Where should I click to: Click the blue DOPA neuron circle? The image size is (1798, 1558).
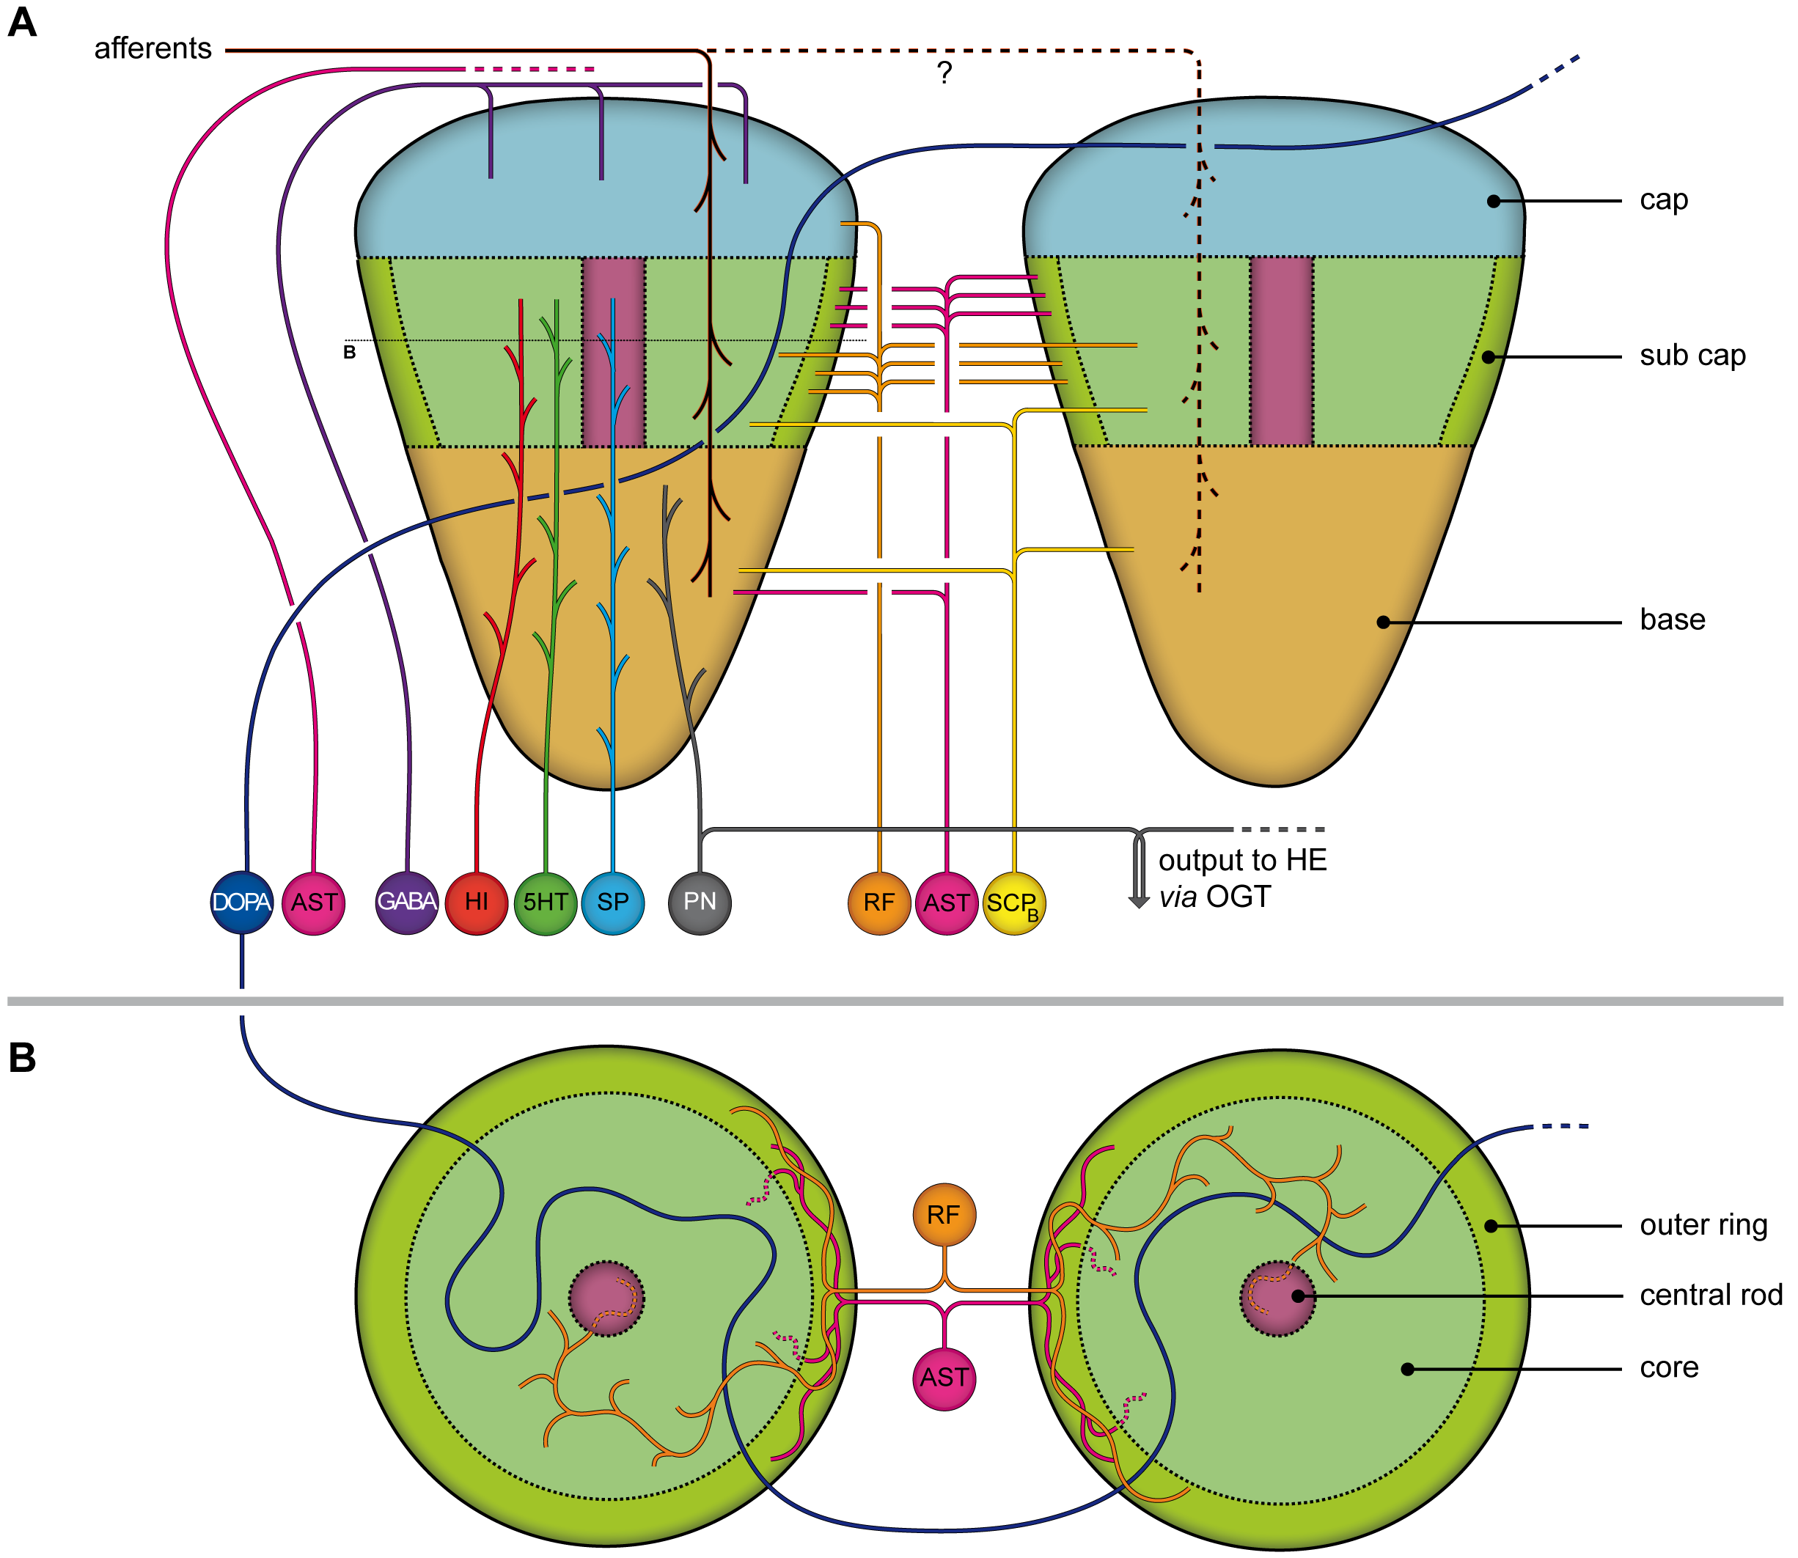click(242, 903)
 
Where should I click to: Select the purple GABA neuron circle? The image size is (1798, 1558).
click(407, 903)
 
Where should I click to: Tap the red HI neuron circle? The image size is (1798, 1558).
click(477, 903)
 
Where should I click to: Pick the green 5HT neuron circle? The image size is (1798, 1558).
click(545, 903)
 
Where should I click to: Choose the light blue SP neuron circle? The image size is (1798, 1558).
click(613, 903)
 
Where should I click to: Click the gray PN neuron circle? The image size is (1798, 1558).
click(700, 903)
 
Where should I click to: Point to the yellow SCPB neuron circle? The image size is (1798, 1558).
click(1014, 903)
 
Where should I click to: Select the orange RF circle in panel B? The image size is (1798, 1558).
click(944, 1215)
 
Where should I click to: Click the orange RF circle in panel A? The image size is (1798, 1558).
click(879, 903)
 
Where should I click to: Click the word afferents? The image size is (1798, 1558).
click(153, 48)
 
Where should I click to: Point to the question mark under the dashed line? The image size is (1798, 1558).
click(945, 72)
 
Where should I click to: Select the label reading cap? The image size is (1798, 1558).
click(1664, 201)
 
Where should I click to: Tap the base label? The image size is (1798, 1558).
click(1673, 620)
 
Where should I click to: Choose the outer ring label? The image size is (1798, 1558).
click(1704, 1225)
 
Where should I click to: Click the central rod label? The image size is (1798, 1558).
click(1711, 1296)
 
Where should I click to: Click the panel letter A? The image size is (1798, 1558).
click(22, 23)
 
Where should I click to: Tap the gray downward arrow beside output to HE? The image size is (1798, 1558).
click(1139, 870)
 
